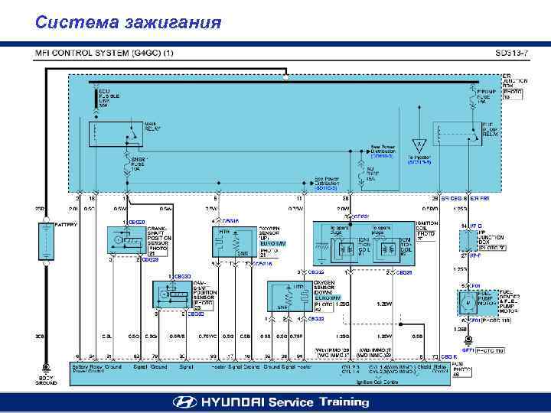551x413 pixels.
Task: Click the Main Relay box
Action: [116, 133]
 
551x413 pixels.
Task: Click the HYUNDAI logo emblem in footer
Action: [183, 402]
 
